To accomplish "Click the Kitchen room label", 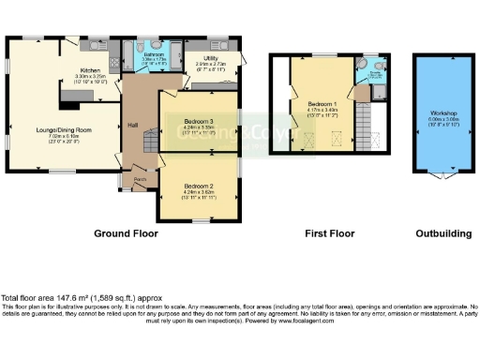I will [90, 70].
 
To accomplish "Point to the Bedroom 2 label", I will [199, 186].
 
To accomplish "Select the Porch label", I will [140, 178].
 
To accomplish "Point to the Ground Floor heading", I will [127, 233].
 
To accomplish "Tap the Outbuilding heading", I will [442, 233].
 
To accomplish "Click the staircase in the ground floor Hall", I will [148, 143].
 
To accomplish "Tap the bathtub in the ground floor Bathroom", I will [156, 67].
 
